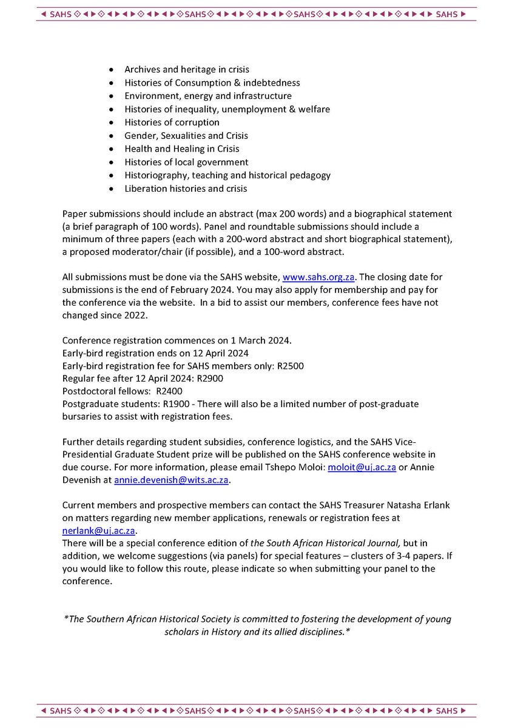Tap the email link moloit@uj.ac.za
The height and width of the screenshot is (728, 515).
coord(362,466)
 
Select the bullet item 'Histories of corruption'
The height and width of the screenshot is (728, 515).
coord(172,123)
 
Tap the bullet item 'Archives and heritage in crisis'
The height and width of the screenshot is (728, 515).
coord(187,70)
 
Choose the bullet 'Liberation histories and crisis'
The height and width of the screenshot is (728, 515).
coord(186,189)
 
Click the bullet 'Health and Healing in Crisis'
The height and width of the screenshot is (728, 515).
coord(181,149)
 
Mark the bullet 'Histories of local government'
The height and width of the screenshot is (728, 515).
coord(186,162)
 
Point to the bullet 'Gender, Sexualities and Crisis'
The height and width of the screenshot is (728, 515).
coord(186,136)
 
